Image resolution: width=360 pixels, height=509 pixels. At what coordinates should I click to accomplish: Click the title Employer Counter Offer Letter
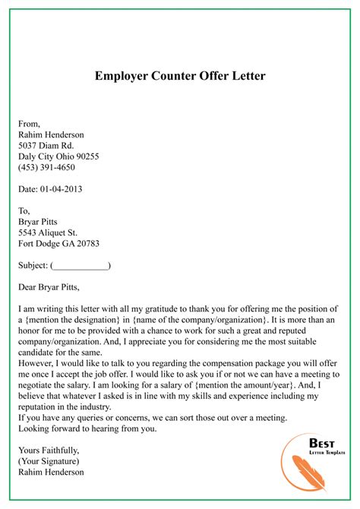[x=180, y=76]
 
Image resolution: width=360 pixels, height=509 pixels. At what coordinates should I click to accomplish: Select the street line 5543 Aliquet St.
[x=52, y=233]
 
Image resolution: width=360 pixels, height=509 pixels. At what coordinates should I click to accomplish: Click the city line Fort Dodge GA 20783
[x=58, y=244]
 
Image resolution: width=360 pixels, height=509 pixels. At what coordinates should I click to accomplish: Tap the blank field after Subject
[x=81, y=266]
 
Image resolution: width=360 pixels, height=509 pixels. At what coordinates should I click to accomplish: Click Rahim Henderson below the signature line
[x=50, y=472]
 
